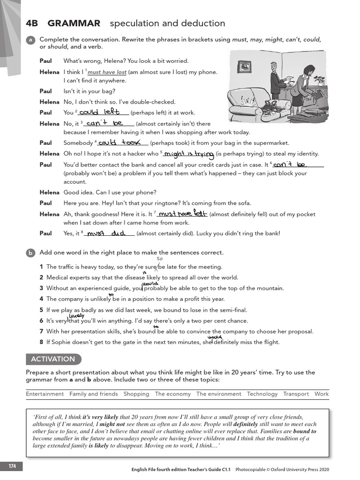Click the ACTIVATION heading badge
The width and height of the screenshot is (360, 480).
[x=53, y=359]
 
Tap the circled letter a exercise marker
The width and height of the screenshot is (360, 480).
[x=30, y=40]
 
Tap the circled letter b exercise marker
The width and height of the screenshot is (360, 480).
[x=30, y=253]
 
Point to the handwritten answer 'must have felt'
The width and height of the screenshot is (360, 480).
[x=182, y=214]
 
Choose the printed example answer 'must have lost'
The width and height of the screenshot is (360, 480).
[x=107, y=72]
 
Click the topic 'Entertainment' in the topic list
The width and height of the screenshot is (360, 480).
[x=45, y=394]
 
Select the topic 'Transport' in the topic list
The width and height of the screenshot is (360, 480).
[x=296, y=394]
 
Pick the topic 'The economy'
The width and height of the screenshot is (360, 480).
[x=172, y=394]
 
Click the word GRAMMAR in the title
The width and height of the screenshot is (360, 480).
[x=74, y=23]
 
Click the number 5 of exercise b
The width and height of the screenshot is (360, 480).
[x=41, y=310]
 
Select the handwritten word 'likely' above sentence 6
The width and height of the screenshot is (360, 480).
[x=75, y=316]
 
